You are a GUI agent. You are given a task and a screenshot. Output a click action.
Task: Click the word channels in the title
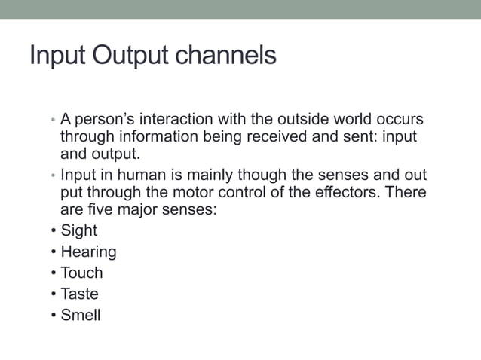pos(230,56)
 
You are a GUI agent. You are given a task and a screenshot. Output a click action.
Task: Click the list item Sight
pos(79,231)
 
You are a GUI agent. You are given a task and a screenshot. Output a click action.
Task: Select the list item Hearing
pos(88,252)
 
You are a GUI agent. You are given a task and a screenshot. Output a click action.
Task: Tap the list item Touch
pos(81,273)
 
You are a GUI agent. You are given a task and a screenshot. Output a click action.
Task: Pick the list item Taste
pos(79,294)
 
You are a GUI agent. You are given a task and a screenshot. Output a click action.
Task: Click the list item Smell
pos(81,316)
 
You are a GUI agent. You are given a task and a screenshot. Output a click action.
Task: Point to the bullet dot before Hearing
pos(54,252)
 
